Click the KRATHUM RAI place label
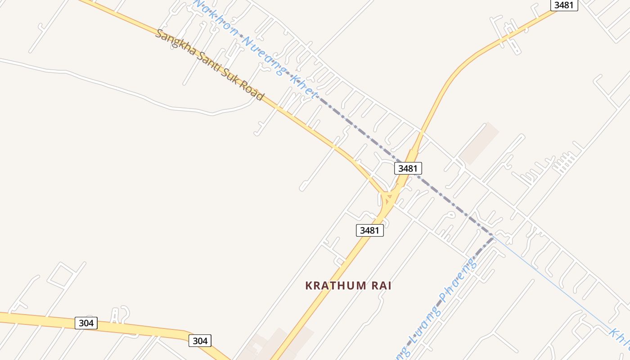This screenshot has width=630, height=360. click(x=348, y=286)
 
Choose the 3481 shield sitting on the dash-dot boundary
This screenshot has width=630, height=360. click(x=408, y=168)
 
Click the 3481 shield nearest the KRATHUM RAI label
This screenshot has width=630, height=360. click(x=370, y=230)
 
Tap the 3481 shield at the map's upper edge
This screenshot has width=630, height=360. click(x=564, y=5)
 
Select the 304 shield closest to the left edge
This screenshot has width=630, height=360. click(x=86, y=323)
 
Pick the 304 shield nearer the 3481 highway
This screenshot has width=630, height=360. click(x=200, y=341)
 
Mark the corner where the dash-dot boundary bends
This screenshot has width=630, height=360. click(x=493, y=236)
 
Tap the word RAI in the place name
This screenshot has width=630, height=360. click(x=380, y=286)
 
